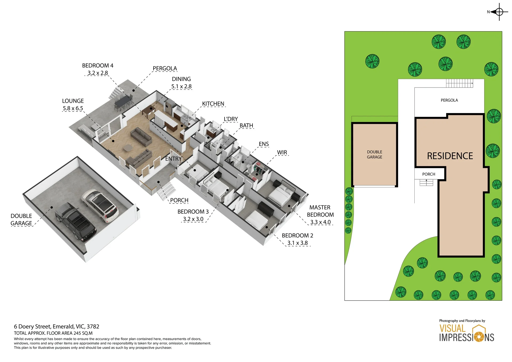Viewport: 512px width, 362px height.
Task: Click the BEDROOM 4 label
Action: point(98,66)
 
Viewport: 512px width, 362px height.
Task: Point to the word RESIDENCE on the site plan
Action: point(450,156)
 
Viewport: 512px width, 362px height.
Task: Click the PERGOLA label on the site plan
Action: point(449,100)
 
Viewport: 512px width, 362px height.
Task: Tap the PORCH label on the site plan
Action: point(429,174)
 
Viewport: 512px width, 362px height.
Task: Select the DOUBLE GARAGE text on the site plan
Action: point(374,154)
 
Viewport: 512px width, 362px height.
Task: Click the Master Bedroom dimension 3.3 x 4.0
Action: point(320,222)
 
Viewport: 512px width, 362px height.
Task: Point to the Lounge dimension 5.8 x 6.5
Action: point(73,108)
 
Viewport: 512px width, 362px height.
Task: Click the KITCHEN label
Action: point(213,104)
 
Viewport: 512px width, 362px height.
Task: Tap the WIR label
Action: point(282,152)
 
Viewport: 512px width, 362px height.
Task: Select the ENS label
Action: point(264,144)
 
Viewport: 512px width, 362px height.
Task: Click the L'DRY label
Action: point(231,119)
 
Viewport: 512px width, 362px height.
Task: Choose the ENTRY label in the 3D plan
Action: point(173,159)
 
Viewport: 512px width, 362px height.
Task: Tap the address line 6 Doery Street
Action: point(57,327)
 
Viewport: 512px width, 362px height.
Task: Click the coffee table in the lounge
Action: point(128,148)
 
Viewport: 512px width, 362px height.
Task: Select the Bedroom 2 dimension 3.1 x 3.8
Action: point(297,243)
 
